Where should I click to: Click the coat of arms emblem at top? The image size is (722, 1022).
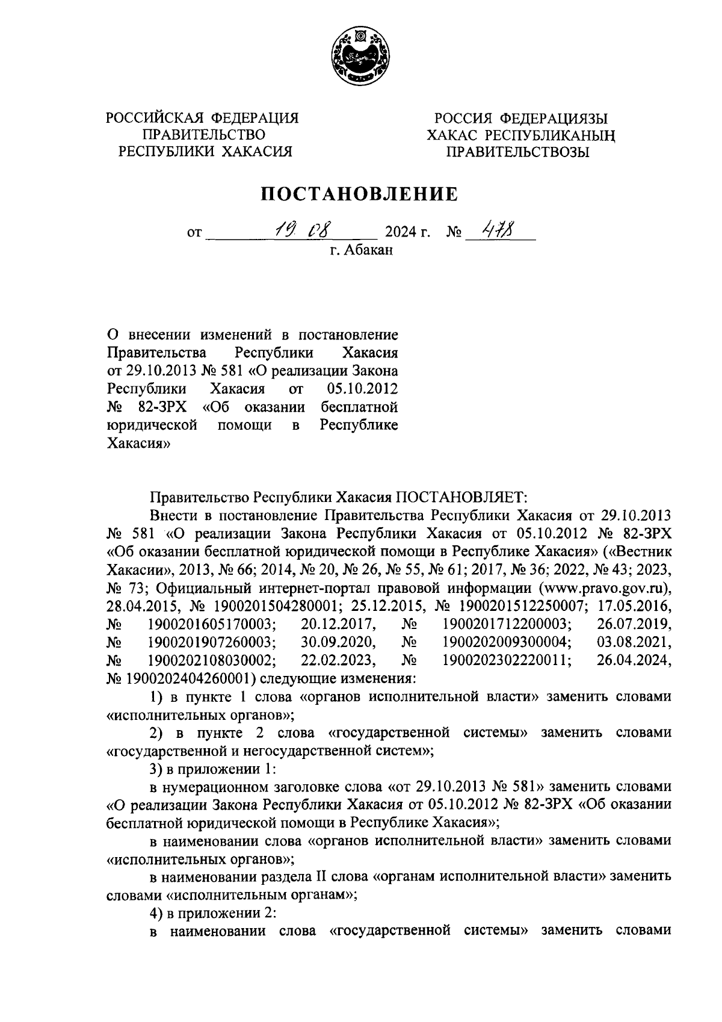tap(360, 57)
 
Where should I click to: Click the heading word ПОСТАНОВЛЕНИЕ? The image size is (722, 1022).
tap(359, 194)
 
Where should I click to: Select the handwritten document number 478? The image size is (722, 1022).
tap(493, 229)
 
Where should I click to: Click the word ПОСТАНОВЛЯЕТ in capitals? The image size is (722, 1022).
tap(461, 498)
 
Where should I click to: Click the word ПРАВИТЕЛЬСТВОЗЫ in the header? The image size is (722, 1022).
tap(517, 152)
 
